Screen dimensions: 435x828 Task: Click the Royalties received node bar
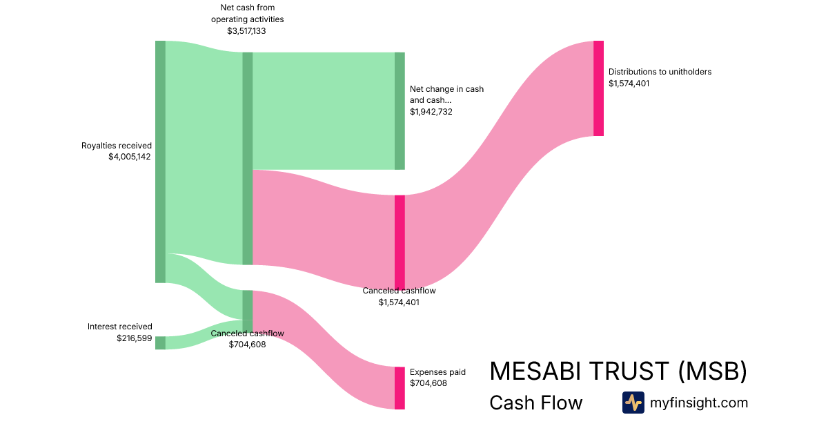[x=160, y=162]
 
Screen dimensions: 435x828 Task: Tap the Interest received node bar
[x=160, y=342]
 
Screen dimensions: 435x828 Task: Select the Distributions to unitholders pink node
[x=598, y=88]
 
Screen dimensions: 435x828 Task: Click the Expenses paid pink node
[x=400, y=388]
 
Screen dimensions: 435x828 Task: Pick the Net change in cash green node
[x=400, y=110]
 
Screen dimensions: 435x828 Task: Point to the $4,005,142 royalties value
[x=129, y=157]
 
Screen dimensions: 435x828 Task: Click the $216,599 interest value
[x=135, y=338]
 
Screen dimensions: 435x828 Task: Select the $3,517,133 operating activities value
[x=246, y=31]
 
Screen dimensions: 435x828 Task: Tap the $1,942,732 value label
[x=431, y=111]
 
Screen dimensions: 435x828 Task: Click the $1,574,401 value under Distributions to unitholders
[x=629, y=84]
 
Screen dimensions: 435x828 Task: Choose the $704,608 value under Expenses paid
[x=428, y=383]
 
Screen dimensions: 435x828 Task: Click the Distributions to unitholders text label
[x=660, y=72]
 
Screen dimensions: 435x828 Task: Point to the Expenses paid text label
[x=437, y=372]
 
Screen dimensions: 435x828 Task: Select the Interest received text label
[x=120, y=327]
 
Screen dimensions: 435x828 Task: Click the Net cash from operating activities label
[x=247, y=14]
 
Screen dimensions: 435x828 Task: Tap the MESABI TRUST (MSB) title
[x=618, y=371]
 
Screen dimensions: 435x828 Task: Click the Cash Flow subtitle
[x=535, y=403]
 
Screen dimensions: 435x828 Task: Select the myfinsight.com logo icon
[x=633, y=403]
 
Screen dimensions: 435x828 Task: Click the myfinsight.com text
[x=699, y=403]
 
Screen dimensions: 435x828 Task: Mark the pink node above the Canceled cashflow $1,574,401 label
[x=400, y=242]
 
